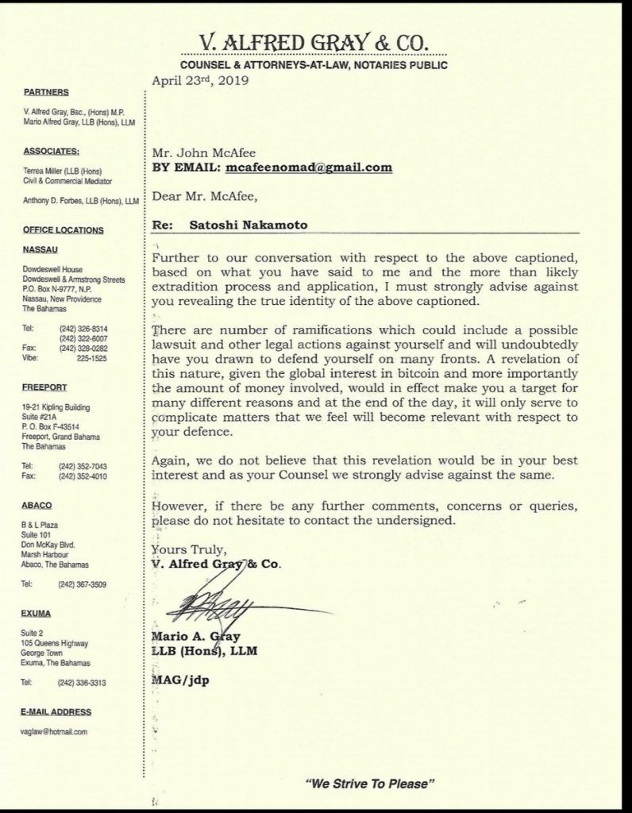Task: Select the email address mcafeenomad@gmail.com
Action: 309,168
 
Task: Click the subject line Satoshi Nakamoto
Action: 249,225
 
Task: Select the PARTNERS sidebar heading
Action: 46,92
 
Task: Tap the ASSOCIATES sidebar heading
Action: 52,150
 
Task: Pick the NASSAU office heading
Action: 42,249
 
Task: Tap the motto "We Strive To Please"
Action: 371,784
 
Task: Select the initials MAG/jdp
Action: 179,681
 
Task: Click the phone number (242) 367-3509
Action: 83,584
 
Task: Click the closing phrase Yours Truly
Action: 188,549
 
